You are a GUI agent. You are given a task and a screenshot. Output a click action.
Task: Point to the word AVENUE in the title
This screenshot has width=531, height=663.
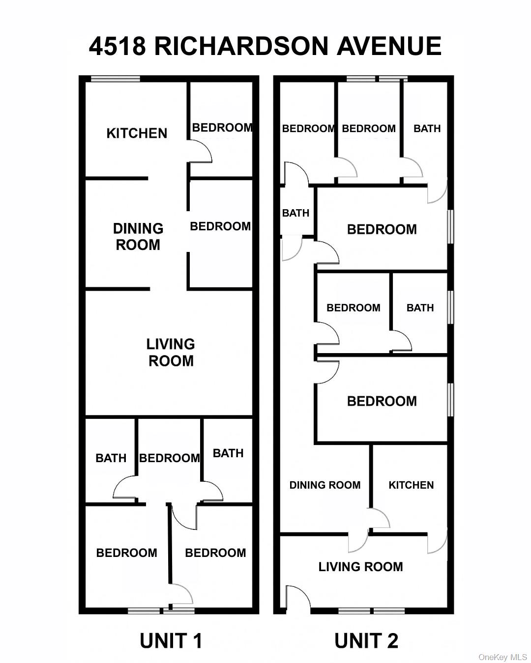coord(389,46)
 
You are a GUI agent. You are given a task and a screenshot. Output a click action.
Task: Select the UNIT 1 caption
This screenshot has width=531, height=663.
coord(171,641)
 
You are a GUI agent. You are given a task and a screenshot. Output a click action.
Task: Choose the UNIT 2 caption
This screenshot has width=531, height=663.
coord(366,641)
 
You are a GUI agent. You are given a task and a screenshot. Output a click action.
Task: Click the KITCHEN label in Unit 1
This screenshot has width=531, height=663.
coord(137,133)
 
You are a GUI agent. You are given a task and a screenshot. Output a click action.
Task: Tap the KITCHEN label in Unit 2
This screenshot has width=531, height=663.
coord(411,485)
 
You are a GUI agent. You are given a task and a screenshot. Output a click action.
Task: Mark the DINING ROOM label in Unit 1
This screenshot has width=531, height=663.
coord(138,236)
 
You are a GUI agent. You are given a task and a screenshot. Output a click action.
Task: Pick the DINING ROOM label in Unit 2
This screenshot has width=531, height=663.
coord(324,485)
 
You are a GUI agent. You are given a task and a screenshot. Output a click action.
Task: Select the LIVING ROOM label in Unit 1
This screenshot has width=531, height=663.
coord(171,352)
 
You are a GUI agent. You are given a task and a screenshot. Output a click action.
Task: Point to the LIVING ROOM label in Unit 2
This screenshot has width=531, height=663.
coord(360,567)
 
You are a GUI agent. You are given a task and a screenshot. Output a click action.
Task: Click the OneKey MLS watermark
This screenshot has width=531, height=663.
coord(502,657)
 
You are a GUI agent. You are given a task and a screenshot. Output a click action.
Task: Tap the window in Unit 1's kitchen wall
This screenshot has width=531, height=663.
coord(116,79)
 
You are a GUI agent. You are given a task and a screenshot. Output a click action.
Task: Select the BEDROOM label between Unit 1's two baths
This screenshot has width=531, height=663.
coord(170,458)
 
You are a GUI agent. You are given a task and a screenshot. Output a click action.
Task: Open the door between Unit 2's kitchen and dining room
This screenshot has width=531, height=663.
coord(380,519)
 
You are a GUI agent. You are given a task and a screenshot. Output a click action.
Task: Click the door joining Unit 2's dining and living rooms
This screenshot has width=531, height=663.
coord(358,542)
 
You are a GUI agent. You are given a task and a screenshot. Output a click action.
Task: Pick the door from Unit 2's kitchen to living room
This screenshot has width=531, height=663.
coord(437,542)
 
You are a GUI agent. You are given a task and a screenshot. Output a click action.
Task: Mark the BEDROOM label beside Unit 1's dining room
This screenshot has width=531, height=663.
coord(220,226)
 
